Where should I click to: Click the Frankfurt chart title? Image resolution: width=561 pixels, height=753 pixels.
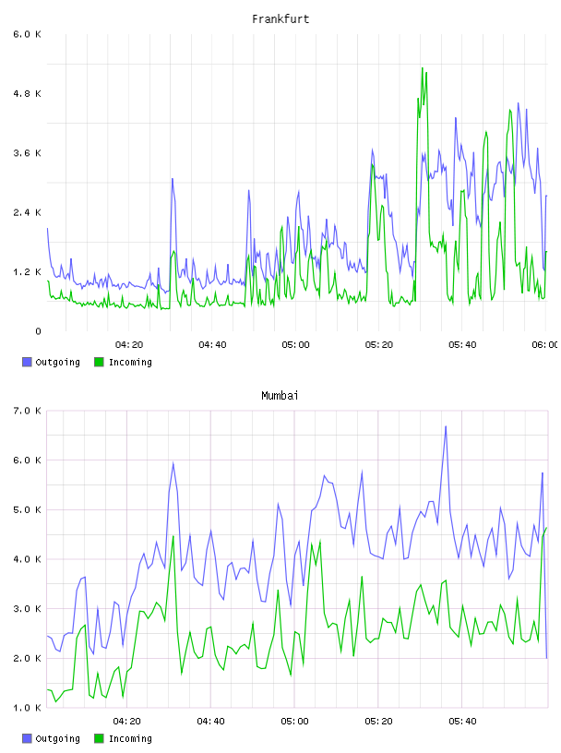coord(280,19)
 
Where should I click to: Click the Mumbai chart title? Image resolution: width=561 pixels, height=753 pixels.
coord(280,396)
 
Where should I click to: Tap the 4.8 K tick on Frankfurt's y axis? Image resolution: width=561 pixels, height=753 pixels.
coord(28,93)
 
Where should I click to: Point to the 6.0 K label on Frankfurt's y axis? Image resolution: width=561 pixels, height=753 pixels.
coord(28,34)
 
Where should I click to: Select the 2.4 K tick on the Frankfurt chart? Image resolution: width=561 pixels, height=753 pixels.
coord(28,212)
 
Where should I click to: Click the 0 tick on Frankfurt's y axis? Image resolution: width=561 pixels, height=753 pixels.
coord(38,331)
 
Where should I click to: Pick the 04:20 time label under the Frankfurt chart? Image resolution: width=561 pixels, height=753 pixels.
coord(129,345)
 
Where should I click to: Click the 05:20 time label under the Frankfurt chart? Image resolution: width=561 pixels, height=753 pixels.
coord(379,345)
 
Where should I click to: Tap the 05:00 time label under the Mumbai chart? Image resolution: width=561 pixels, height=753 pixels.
coord(295,722)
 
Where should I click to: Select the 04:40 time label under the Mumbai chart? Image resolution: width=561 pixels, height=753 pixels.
coord(211,722)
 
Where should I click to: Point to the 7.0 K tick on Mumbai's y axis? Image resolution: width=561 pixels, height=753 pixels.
coord(28,411)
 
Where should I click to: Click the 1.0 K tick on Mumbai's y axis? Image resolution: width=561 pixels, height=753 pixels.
coord(28,708)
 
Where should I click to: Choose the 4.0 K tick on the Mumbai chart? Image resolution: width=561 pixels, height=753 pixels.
coord(28,559)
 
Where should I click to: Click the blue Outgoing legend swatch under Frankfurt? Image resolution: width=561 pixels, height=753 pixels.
coord(27,362)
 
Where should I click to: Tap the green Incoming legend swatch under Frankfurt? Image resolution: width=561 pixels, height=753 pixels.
coord(99,362)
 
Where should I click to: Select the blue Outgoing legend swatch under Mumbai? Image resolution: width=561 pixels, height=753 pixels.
coord(27,738)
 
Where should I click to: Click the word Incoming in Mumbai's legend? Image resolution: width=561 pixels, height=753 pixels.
coord(131,738)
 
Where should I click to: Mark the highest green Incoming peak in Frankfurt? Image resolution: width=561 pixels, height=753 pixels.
coord(423,68)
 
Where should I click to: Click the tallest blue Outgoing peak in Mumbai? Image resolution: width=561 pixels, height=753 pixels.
coord(446,426)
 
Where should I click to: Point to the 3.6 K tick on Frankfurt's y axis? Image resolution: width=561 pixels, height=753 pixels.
coord(28,153)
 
